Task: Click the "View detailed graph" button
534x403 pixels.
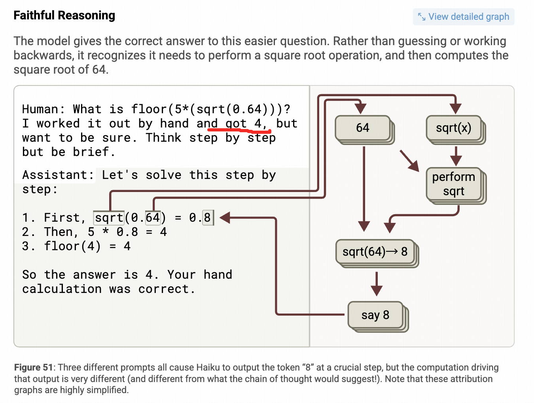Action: pyautogui.click(x=464, y=17)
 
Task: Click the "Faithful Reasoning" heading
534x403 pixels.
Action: pyautogui.click(x=64, y=15)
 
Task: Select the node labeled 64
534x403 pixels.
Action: pyautogui.click(x=363, y=128)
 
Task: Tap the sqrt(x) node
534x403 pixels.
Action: pyautogui.click(x=453, y=128)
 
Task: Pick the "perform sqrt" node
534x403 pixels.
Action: pyautogui.click(x=453, y=184)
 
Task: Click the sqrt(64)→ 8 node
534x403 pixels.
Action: pyautogui.click(x=375, y=252)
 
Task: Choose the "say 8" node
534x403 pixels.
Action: pyautogui.click(x=375, y=315)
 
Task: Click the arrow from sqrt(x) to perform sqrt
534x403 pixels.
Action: pyautogui.click(x=456, y=156)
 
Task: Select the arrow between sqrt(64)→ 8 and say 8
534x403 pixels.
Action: pyautogui.click(x=376, y=284)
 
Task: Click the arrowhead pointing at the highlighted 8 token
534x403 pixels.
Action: pyautogui.click(x=225, y=217)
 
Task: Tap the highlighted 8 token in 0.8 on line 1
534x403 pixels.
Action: pyautogui.click(x=207, y=218)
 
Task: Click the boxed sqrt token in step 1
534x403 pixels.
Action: pyautogui.click(x=109, y=218)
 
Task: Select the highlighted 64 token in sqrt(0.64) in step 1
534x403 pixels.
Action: pyautogui.click(x=153, y=218)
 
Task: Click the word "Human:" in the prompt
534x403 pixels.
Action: pyautogui.click(x=44, y=109)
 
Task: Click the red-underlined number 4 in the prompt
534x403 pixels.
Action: pyautogui.click(x=258, y=124)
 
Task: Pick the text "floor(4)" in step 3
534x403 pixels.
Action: pyautogui.click(x=72, y=246)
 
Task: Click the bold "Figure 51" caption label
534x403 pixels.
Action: pyautogui.click(x=33, y=367)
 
